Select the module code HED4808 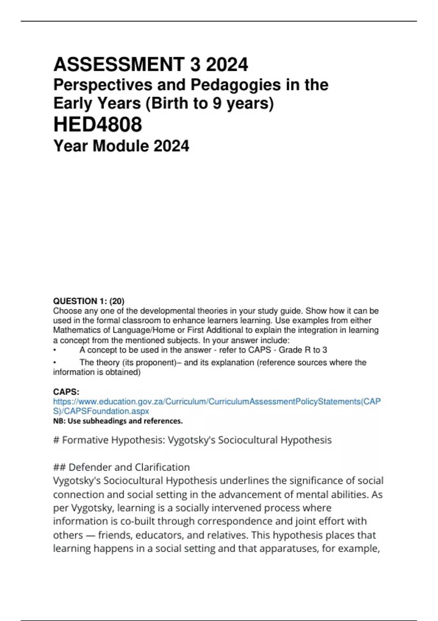97,124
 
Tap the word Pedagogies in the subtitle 236,85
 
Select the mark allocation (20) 117,301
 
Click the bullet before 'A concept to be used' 55,350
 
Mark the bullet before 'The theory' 55,362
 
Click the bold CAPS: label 66,392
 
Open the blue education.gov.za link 217,401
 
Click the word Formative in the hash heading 85,440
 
